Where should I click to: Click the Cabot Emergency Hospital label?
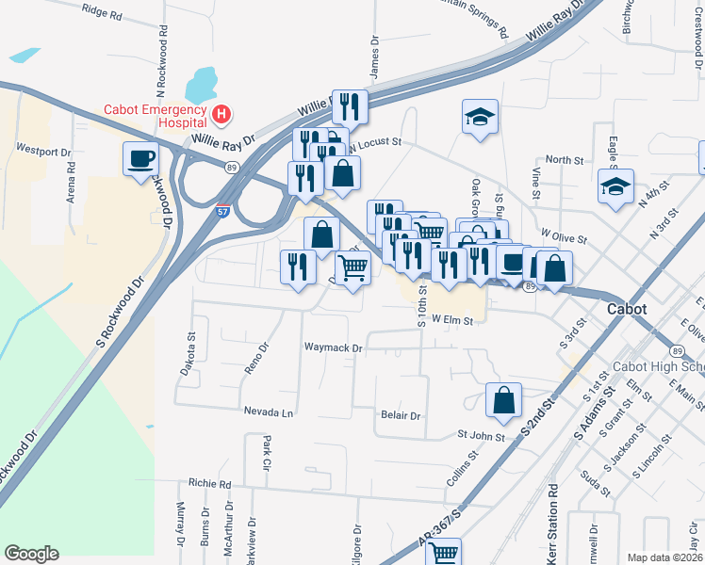coord(156,115)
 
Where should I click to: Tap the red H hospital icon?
coord(221,115)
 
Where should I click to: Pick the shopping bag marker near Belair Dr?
coord(504,399)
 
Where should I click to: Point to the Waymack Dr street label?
coord(333,347)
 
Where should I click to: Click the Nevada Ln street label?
coord(269,412)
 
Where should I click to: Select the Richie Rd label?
coord(209,483)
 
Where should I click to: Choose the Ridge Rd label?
coord(102,14)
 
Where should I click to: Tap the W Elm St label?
coord(451,320)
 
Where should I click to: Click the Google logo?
coord(31,553)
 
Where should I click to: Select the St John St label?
coord(481,435)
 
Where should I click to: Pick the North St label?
coord(565,160)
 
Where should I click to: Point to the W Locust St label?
coord(377,144)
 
